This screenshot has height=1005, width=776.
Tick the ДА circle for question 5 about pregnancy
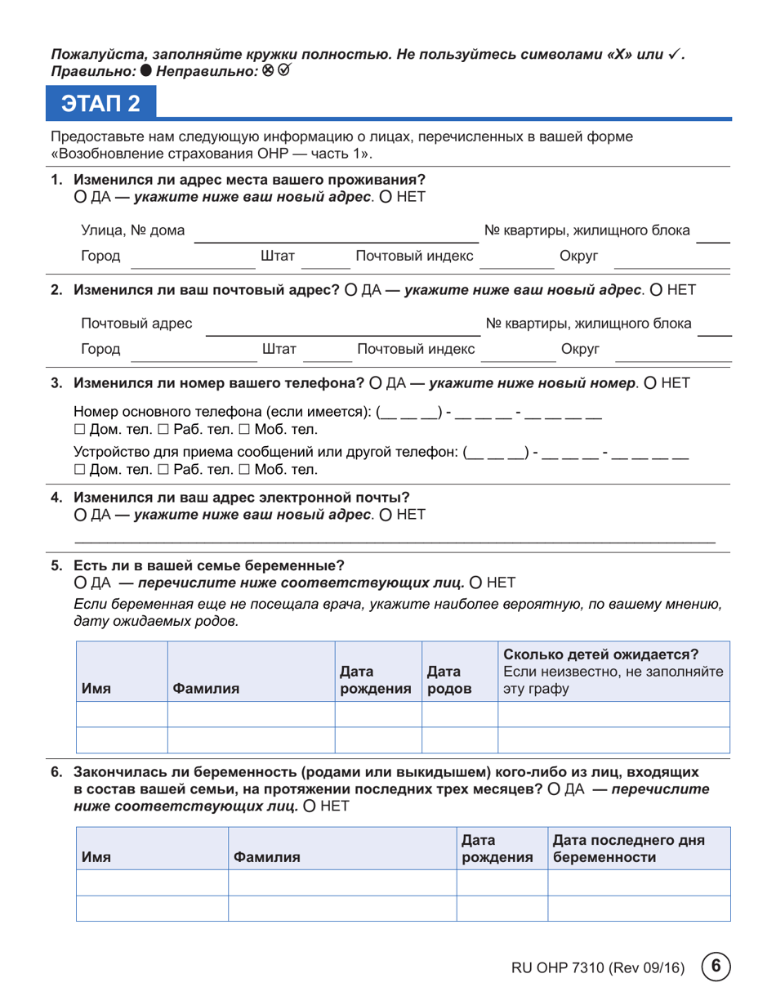click(x=80, y=583)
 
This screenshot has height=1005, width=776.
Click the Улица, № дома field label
click(x=132, y=231)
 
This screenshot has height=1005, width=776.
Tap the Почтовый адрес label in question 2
click(x=136, y=324)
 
